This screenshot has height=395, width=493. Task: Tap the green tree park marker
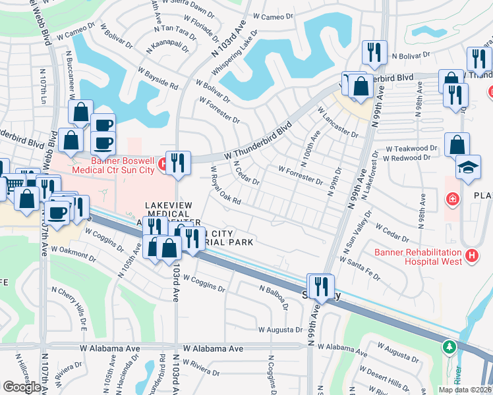point(449,346)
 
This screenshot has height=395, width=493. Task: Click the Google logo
point(22,387)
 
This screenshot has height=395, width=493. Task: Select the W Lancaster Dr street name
point(337,123)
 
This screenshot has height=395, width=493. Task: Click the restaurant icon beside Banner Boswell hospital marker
point(177,163)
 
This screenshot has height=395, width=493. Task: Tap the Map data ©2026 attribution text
point(465,390)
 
